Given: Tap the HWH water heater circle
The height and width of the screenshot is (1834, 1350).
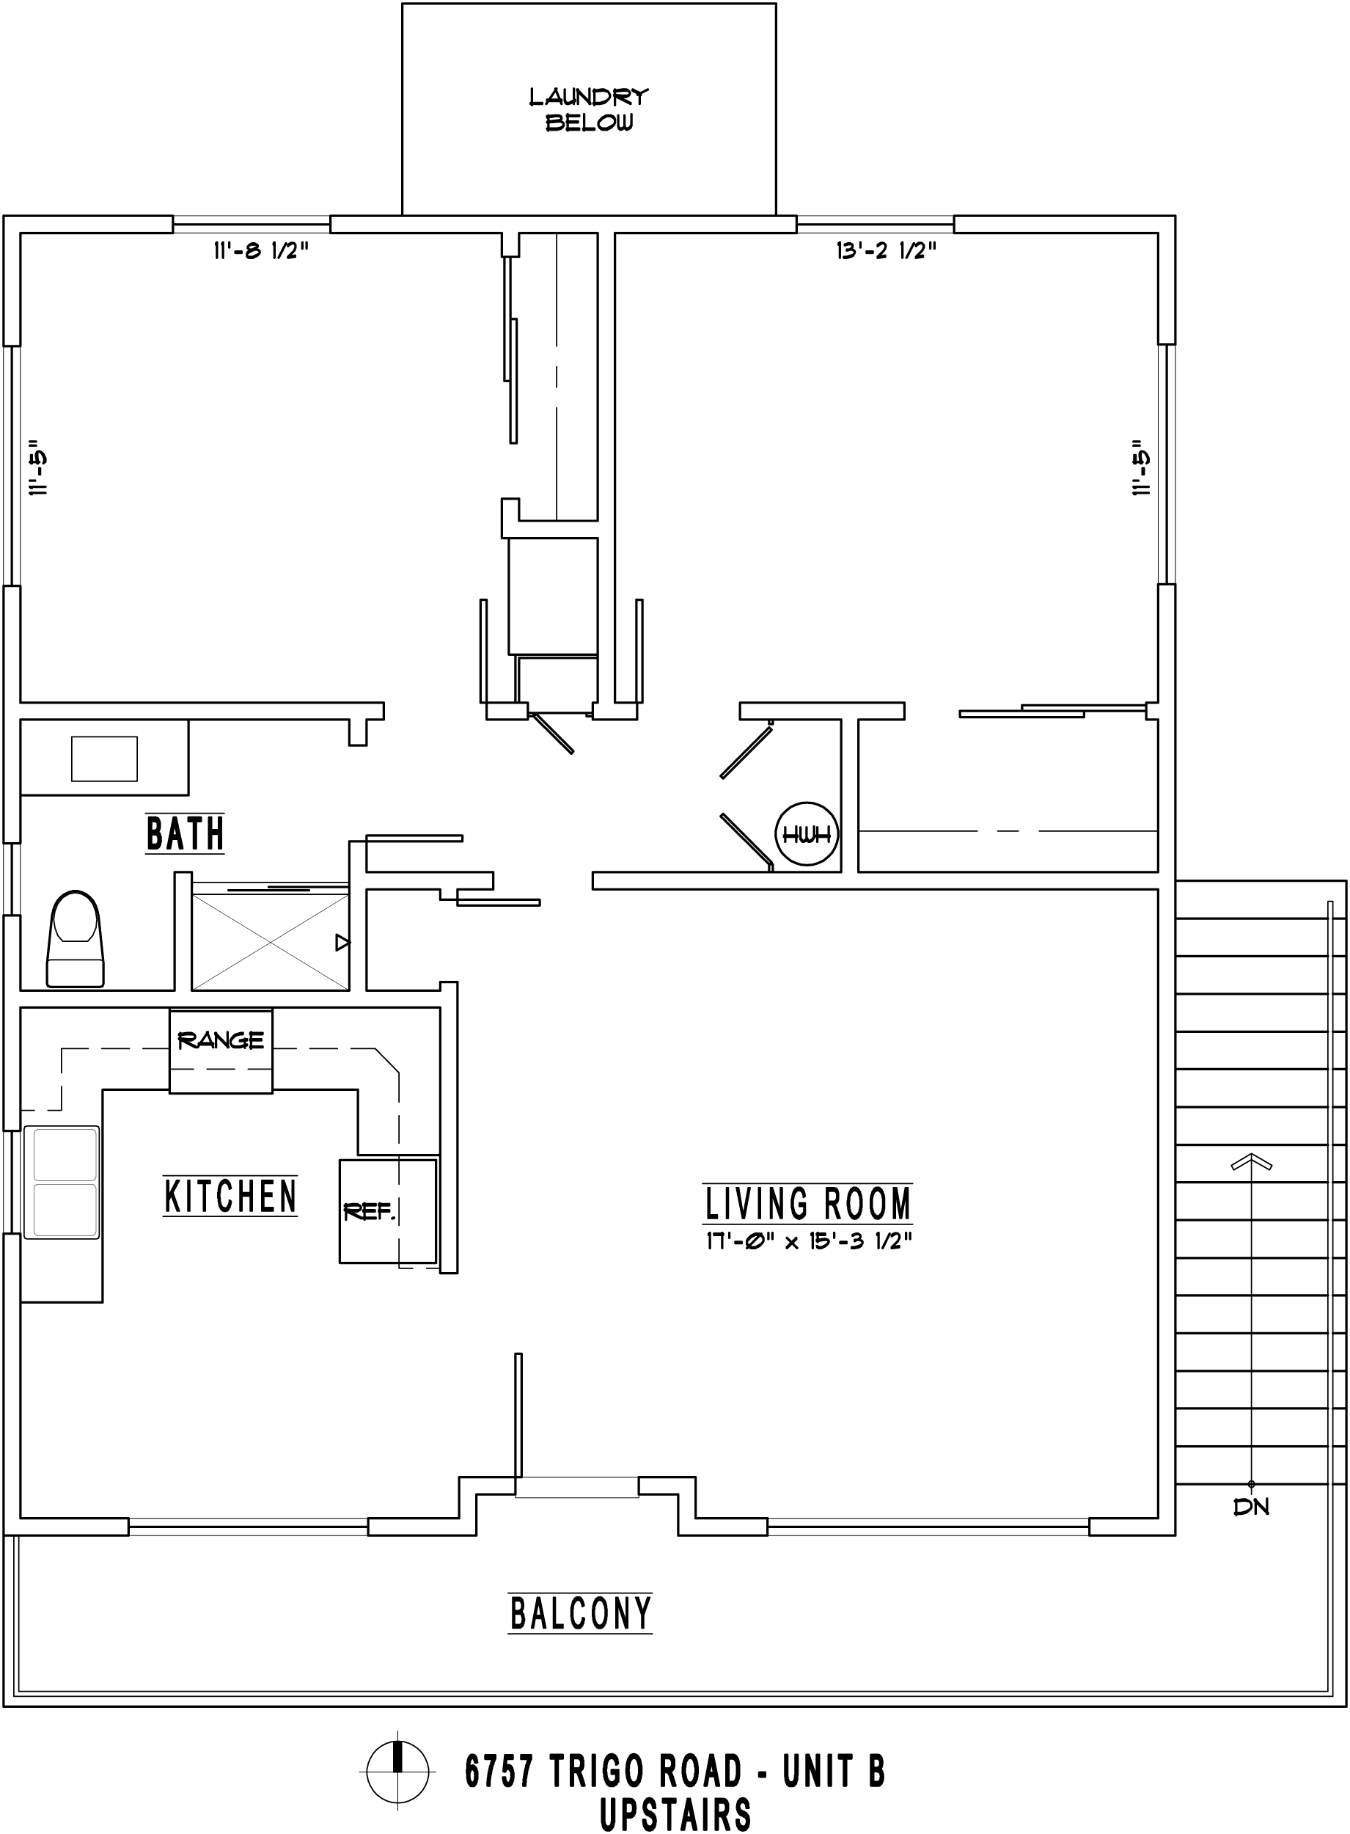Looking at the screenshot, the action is [807, 833].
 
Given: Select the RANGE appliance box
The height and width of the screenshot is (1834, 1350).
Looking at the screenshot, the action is [221, 1051].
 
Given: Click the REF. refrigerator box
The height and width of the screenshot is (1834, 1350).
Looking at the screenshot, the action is [389, 1210].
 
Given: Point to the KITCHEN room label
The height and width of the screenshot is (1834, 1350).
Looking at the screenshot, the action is [230, 1197].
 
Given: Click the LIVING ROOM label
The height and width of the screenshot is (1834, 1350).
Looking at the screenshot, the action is [807, 1204].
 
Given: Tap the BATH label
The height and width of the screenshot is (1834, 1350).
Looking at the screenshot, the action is [185, 833].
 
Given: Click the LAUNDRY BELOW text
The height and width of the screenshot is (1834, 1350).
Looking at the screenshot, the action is [588, 109].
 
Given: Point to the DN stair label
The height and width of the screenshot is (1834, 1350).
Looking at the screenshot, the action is [1251, 1507].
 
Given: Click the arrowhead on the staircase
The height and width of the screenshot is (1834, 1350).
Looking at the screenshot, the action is [1251, 1161].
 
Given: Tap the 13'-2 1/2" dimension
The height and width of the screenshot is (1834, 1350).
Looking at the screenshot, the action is [886, 251].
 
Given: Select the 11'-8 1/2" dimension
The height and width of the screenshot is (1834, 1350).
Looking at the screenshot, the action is [260, 251].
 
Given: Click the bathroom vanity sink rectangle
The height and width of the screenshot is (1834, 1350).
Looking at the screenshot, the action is [105, 759].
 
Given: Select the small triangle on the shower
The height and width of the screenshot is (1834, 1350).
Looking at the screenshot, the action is [343, 943].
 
